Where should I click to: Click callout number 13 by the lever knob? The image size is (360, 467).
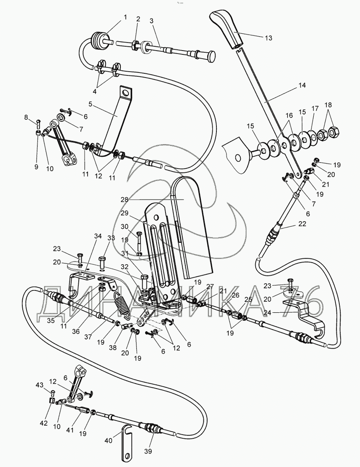click(x=268, y=38)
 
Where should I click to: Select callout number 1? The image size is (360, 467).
click(x=125, y=17)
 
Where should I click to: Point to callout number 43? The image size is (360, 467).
click(x=39, y=385)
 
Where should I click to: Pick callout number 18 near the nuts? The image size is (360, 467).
click(x=328, y=105)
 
